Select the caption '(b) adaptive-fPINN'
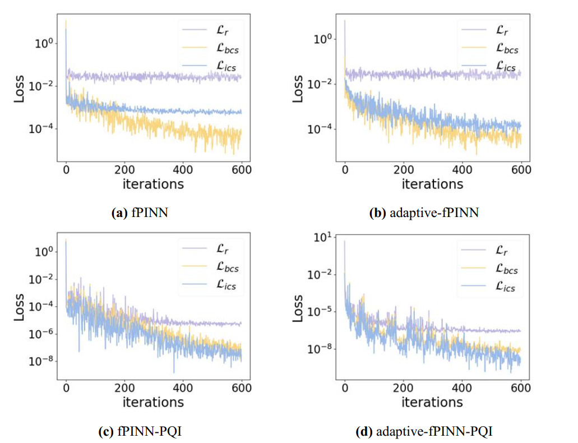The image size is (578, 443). pos(424,213)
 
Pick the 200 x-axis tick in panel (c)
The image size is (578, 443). pos(124,388)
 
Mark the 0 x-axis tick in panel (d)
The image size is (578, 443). pos(345,388)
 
